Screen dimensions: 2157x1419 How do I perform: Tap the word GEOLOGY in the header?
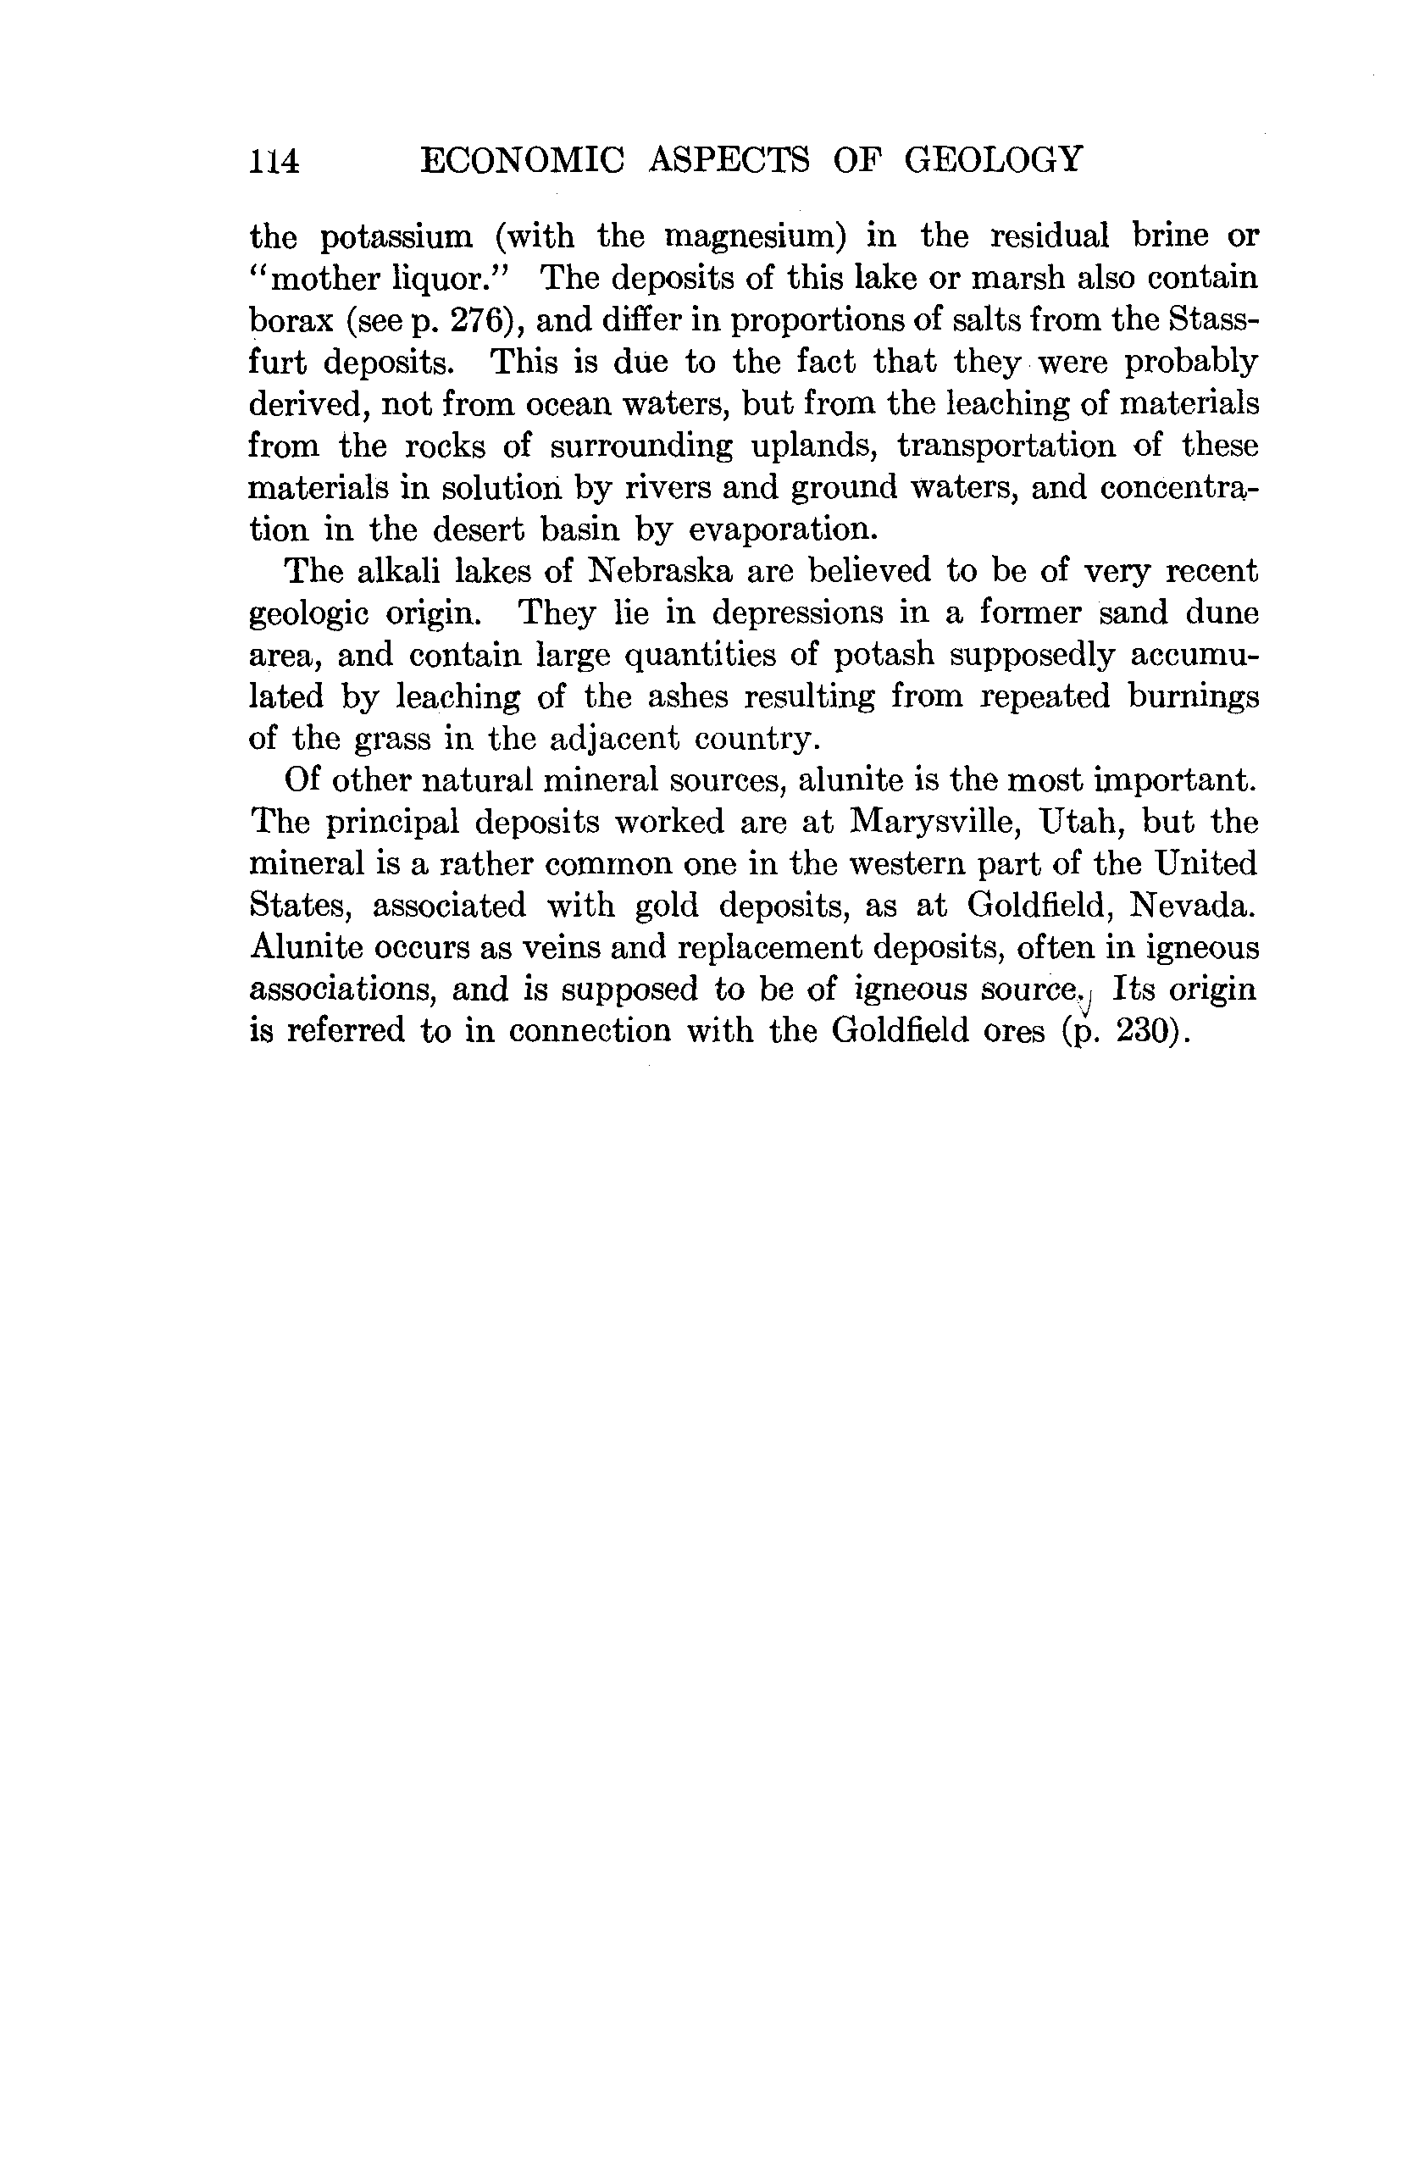(993, 159)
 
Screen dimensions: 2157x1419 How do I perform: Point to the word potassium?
(396, 237)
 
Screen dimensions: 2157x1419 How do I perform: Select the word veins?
(556, 948)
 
